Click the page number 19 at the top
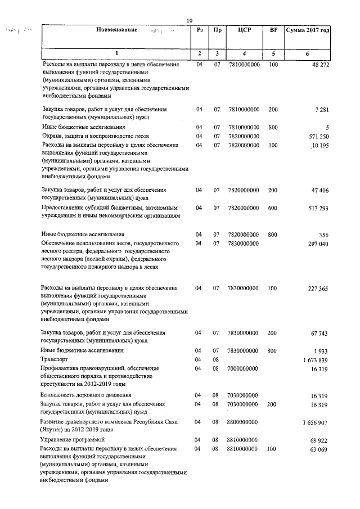coord(190,21)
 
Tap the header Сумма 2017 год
coord(307,29)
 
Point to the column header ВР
coord(273,29)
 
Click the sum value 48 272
coord(319,65)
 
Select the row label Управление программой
coord(72,439)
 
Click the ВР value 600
coord(273,208)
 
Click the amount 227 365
coord(317,288)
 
